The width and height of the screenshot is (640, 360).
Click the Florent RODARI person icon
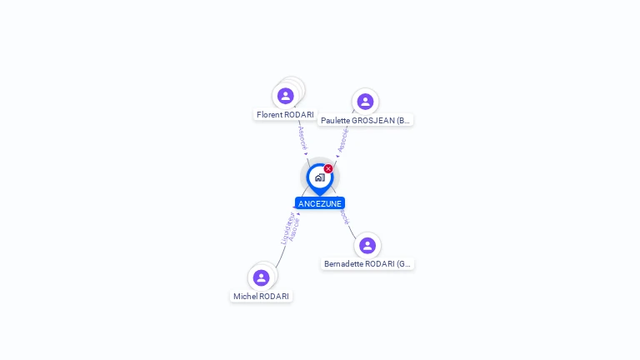click(x=286, y=96)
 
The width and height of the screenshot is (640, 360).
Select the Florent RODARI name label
click(x=285, y=115)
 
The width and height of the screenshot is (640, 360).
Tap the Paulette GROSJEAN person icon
click(x=365, y=102)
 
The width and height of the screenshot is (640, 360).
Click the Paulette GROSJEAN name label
click(x=365, y=121)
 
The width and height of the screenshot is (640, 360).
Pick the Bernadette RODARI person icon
click(x=367, y=246)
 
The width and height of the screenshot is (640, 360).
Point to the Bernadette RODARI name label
click(x=367, y=264)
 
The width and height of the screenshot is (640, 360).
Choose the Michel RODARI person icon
click(x=261, y=277)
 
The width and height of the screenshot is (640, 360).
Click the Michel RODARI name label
click(x=261, y=296)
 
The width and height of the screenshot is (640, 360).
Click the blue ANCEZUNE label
click(x=320, y=203)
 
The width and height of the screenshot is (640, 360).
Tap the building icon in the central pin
click(x=319, y=177)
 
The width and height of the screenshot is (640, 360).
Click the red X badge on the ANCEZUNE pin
click(x=328, y=169)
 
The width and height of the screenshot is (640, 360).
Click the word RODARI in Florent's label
click(x=298, y=115)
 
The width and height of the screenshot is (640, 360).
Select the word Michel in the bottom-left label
click(x=245, y=296)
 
